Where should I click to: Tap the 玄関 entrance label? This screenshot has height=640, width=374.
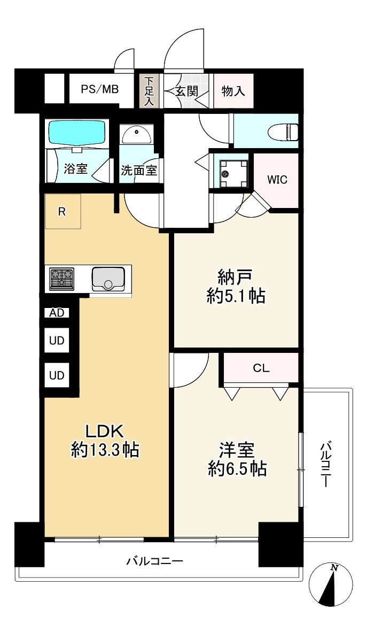(x=186, y=91)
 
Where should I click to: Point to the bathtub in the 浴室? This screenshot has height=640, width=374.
(x=77, y=132)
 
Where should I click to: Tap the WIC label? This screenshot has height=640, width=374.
(x=277, y=180)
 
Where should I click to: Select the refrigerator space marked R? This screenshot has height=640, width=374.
(x=62, y=211)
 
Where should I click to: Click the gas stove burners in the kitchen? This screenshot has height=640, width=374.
(x=61, y=279)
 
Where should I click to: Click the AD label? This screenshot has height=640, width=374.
(x=56, y=313)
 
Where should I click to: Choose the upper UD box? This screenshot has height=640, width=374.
(x=57, y=340)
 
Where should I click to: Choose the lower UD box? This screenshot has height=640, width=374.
(x=57, y=375)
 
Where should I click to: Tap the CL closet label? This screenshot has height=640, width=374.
(x=261, y=368)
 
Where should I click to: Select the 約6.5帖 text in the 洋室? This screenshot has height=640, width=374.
(x=236, y=469)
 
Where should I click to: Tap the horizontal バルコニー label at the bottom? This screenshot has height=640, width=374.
(x=155, y=561)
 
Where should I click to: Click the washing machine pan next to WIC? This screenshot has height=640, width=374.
(x=231, y=172)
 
